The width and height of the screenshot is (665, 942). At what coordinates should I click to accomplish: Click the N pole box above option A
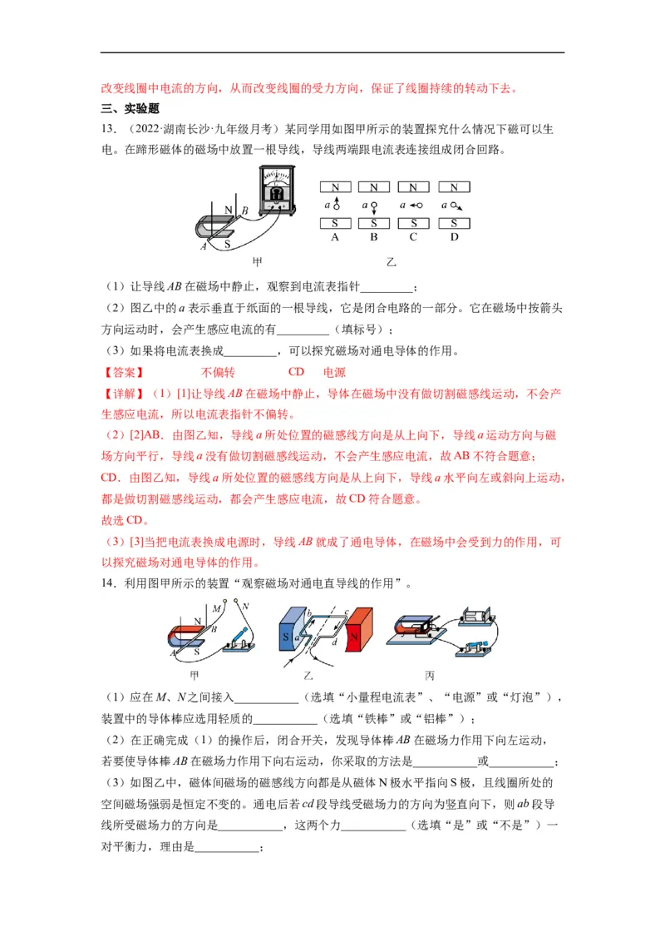335,187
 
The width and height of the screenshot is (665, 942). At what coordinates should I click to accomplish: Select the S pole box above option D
453,223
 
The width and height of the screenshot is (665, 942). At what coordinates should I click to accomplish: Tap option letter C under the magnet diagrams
413,237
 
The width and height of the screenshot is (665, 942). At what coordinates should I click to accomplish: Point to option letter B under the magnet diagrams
374,237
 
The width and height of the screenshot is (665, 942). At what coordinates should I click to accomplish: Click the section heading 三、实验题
130,108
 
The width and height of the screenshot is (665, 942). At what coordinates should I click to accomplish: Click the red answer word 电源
334,372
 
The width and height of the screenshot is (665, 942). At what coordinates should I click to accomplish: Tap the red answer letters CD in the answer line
297,372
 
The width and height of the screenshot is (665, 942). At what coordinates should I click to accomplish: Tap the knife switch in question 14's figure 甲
241,641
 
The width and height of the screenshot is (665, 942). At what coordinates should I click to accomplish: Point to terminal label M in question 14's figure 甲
215,609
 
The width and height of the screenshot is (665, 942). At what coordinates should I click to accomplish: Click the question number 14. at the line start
108,585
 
